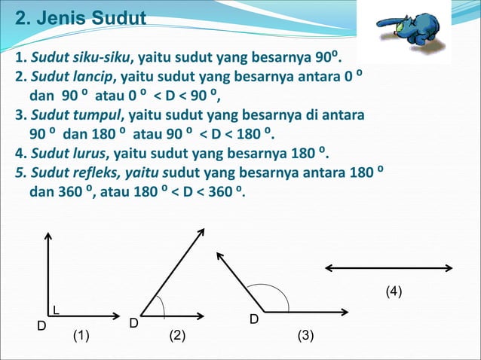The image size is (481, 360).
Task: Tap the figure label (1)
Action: (82, 336)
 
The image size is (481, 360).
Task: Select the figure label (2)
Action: (176, 336)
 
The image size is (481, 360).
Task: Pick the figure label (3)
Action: (305, 336)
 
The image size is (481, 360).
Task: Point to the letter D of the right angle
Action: (42, 326)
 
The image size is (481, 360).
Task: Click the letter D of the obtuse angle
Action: (255, 320)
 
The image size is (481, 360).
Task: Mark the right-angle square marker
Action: (57, 309)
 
